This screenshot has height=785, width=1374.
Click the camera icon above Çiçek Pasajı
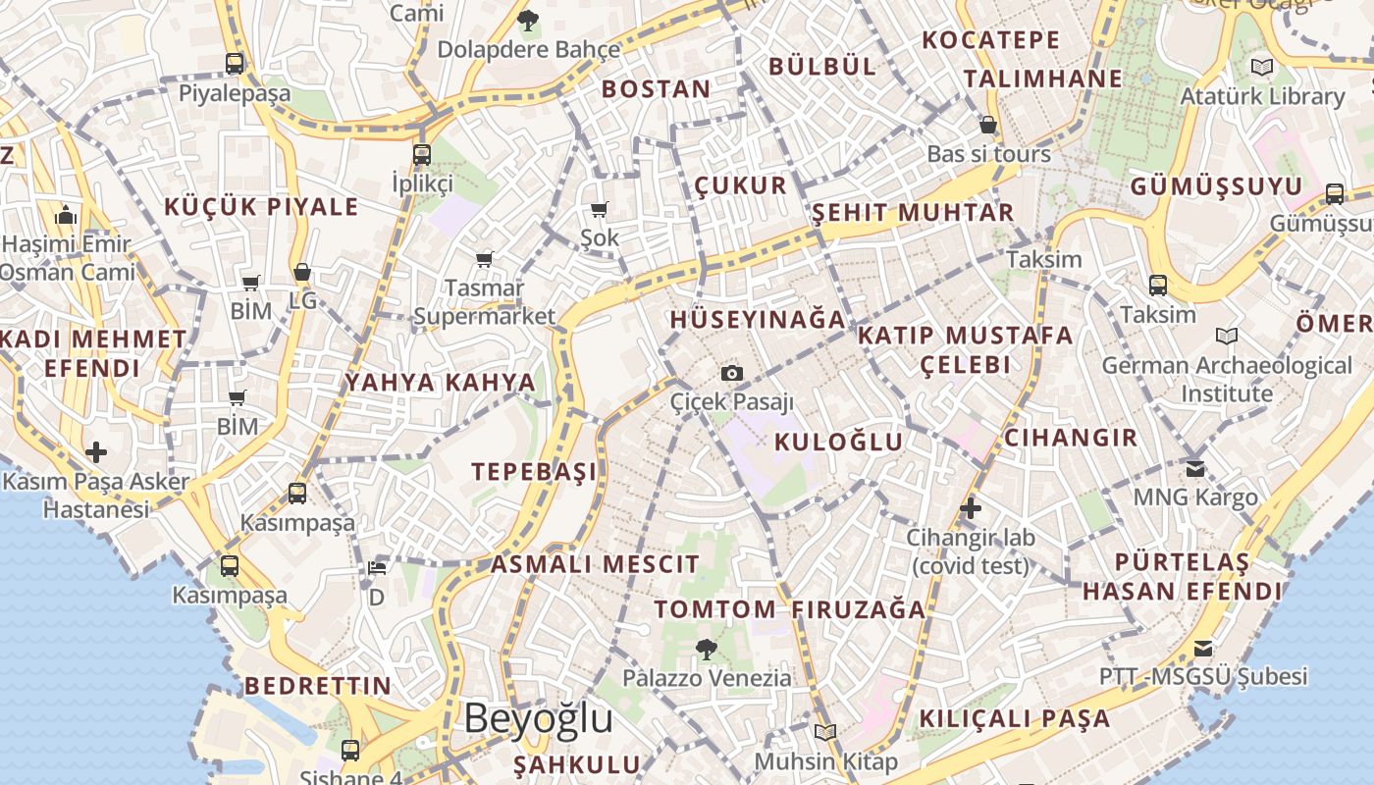pos(731,373)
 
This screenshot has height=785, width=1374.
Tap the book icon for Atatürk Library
pos(1262,67)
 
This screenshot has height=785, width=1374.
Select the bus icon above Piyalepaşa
pos(235,64)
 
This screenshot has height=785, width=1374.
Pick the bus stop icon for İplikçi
pos(422,154)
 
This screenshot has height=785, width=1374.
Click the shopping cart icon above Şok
pos(600,209)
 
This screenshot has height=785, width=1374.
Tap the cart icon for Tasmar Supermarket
pos(484,259)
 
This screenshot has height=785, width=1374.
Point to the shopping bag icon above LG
pos(302,272)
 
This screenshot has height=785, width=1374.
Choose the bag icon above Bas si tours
pos(988,125)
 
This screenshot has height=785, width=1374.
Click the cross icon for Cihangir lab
pos(970,508)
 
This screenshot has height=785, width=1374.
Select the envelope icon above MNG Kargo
pos(1194,468)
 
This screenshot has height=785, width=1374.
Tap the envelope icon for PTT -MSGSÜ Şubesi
pos(1203,649)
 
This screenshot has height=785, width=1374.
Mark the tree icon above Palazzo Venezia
pos(705,648)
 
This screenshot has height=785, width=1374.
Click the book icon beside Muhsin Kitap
pos(825,732)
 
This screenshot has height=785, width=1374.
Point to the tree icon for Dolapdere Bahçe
pos(528,19)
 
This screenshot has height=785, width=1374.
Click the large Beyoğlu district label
pos(538,718)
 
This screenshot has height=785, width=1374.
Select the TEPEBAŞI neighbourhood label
pos(534,472)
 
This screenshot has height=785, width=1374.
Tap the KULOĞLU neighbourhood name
pos(838,442)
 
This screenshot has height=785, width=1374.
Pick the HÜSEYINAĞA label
pos(758,320)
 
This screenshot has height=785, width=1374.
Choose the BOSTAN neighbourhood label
pos(656,89)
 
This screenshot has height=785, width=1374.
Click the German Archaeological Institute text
pos(1227,379)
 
